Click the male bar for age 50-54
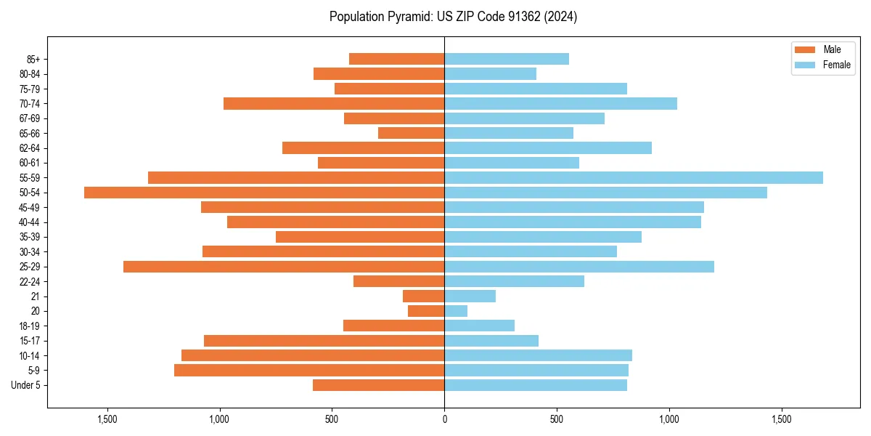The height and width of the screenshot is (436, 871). click(264, 193)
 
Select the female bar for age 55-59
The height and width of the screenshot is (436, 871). click(634, 177)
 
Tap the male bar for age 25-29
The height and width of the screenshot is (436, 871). click(284, 267)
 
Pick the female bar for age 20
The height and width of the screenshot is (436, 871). click(456, 311)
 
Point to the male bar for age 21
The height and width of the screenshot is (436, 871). click(424, 296)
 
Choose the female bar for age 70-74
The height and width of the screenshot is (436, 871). click(560, 103)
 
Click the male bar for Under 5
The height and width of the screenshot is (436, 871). click(378, 385)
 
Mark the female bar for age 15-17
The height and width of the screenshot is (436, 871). click(491, 341)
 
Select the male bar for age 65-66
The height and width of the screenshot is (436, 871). click(411, 133)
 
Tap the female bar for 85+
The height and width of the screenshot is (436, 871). click(507, 59)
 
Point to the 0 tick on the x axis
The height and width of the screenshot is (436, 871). click(444, 420)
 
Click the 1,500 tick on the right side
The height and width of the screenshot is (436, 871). click(782, 420)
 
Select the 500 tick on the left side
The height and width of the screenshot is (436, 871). click(332, 420)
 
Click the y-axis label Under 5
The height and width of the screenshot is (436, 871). click(25, 385)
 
